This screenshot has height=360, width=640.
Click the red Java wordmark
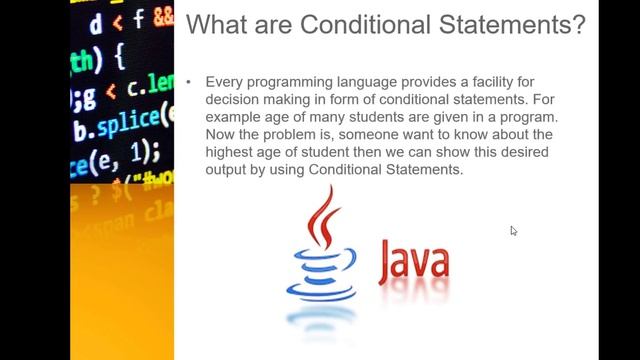coord(413,261)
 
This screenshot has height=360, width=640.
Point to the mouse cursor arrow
coord(513,230)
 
